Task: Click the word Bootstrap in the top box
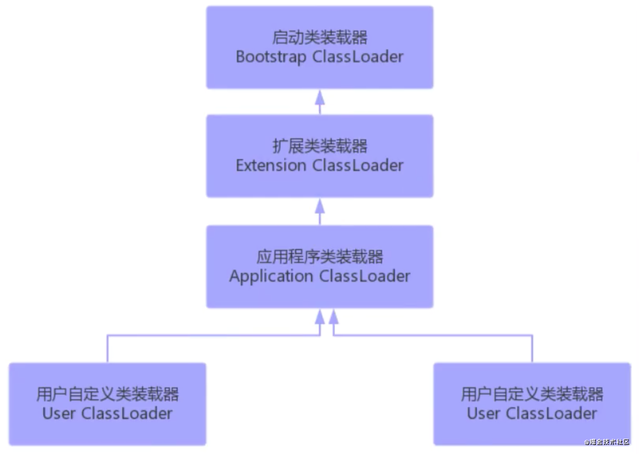coord(271,57)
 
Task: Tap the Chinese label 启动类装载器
coord(319,38)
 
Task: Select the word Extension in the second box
coord(271,165)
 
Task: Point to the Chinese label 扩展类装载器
coord(319,146)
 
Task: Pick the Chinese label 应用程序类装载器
coord(319,257)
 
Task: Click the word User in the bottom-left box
coord(59,413)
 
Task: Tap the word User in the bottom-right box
coord(484,413)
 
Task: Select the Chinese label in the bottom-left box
coord(107,394)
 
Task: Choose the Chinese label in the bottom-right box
coord(532,394)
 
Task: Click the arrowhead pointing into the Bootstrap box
coord(319,97)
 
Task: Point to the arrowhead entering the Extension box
coord(319,206)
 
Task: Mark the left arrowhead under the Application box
coord(319,317)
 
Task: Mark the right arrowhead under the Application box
coord(333,317)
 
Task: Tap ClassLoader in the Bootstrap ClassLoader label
coord(358,57)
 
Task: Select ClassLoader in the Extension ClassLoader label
coord(358,165)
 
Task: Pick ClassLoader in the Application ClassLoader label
coord(365,277)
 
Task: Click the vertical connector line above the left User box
coord(107,349)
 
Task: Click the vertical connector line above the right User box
coord(532,349)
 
